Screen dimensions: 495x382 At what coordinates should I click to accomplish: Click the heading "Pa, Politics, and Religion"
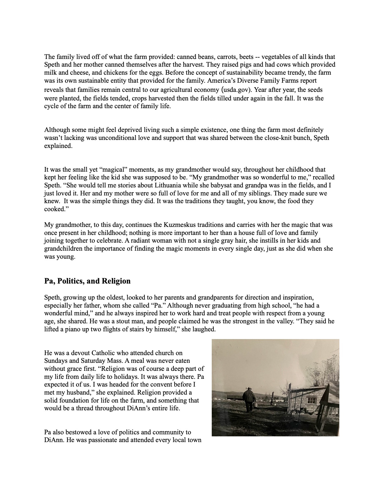click(x=87, y=281)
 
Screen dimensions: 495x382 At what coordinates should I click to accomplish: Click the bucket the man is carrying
click(x=254, y=405)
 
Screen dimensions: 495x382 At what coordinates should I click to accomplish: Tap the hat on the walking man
click(x=250, y=388)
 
